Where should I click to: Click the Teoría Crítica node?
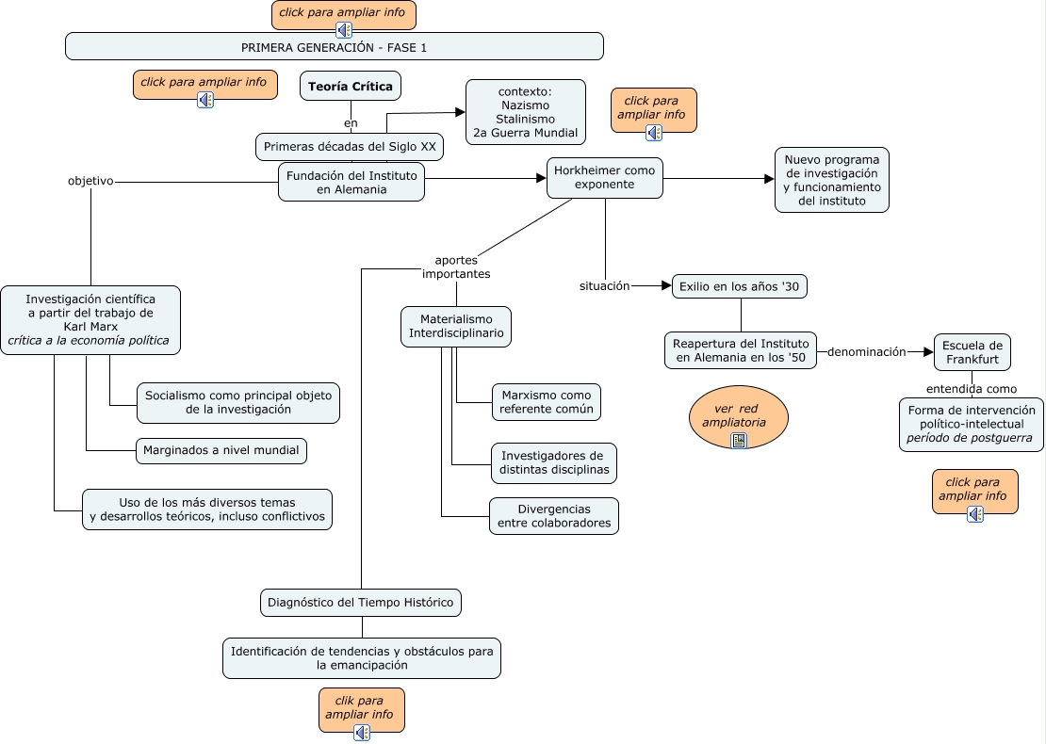(x=351, y=87)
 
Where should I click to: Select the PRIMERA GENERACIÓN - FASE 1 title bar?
(x=334, y=46)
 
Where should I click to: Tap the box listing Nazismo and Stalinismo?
(x=525, y=112)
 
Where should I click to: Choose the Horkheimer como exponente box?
(x=604, y=178)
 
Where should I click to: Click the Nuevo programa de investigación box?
(x=831, y=180)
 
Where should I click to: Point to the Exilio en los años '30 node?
(x=740, y=286)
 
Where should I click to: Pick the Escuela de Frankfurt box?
(x=972, y=352)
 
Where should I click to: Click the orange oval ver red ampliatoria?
(x=739, y=416)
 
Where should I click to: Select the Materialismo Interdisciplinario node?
(x=456, y=326)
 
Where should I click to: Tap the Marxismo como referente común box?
(x=546, y=402)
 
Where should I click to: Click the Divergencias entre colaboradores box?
(x=553, y=516)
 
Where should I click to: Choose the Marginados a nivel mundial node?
(x=221, y=451)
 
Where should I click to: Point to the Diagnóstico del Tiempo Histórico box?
(x=360, y=603)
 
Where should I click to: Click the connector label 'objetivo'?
(x=90, y=181)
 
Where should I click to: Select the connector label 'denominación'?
(x=866, y=352)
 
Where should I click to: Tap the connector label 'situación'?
(x=604, y=285)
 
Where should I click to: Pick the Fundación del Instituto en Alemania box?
(x=351, y=182)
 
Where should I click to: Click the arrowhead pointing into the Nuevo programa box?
(x=769, y=179)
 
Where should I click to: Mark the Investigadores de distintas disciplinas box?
(x=554, y=462)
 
